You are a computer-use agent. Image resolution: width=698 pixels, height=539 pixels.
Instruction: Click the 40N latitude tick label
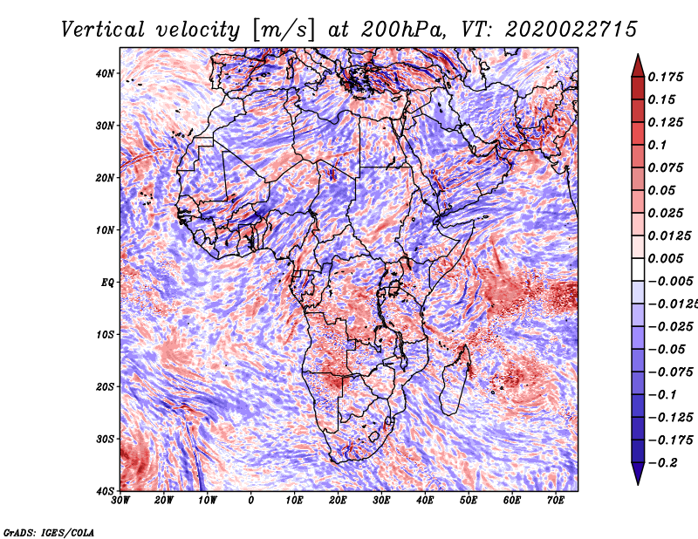pos(105,73)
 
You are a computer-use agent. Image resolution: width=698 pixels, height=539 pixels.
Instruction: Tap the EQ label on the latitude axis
pos(107,283)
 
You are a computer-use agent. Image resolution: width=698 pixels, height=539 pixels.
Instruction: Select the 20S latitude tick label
pos(105,386)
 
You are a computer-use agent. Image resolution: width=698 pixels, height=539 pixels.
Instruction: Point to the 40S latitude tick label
pos(105,491)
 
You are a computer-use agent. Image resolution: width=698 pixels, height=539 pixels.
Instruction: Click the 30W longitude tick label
pos(120,501)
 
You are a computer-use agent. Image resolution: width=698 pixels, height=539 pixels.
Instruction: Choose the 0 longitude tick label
pos(251,501)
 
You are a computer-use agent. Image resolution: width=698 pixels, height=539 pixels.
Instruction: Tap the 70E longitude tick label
pos(555,501)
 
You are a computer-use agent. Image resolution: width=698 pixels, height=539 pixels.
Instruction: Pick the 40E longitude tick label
pos(425,501)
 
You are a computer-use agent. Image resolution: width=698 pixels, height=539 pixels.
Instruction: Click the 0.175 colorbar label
pos(665,78)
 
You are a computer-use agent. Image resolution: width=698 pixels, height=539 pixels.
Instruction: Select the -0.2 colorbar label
pos(663,463)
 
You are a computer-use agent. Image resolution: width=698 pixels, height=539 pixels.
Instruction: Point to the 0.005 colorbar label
pos(665,258)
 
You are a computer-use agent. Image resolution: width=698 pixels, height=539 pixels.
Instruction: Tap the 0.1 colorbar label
pos(657,145)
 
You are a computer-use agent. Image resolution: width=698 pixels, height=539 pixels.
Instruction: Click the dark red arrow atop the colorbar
pos(638,66)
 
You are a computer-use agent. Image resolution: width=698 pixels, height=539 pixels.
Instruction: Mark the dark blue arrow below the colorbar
pos(638,474)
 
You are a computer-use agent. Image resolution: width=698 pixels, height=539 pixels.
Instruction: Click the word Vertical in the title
pos(103,30)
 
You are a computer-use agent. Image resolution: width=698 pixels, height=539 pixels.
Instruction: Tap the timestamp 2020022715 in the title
pos(571,30)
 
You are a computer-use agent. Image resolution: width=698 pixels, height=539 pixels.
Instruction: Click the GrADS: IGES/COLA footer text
pos(49,532)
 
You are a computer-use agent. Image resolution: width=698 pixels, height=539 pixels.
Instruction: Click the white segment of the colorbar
pos(638,269)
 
